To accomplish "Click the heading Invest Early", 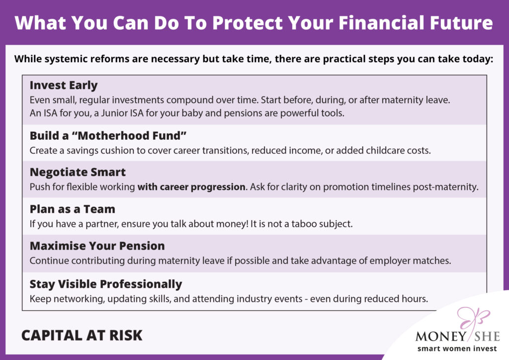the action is pyautogui.click(x=64, y=86).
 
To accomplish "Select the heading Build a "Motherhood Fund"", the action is pyautogui.click(x=108, y=135).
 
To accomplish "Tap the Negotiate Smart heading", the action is pyautogui.click(x=78, y=173).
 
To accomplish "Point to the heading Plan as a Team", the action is pyautogui.click(x=73, y=209).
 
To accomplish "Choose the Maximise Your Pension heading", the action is pyautogui.click(x=97, y=246).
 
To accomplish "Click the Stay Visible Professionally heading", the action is pyautogui.click(x=106, y=284).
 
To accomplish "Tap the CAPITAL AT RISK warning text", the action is pyautogui.click(x=82, y=335).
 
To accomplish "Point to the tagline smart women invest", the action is pyautogui.click(x=457, y=349).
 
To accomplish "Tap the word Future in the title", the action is pyautogui.click(x=461, y=23).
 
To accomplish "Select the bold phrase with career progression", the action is pyautogui.click(x=191, y=187).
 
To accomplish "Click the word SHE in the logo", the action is pyautogui.click(x=487, y=336).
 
